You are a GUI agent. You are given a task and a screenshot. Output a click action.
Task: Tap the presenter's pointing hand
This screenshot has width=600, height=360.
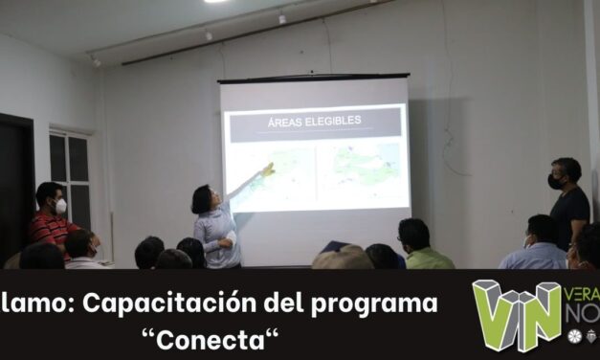click(x=269, y=169)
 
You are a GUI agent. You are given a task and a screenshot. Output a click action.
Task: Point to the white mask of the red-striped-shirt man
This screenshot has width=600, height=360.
click(x=60, y=206)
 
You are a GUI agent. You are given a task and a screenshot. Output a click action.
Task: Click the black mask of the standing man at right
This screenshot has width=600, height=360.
click(x=555, y=181)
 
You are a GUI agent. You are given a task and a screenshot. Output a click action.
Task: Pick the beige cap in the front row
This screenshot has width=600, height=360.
click(x=342, y=258)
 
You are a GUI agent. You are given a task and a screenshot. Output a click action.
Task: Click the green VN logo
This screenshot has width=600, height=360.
click(x=517, y=313)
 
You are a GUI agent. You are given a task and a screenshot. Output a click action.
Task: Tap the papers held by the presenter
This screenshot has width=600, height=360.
click(x=231, y=237)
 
